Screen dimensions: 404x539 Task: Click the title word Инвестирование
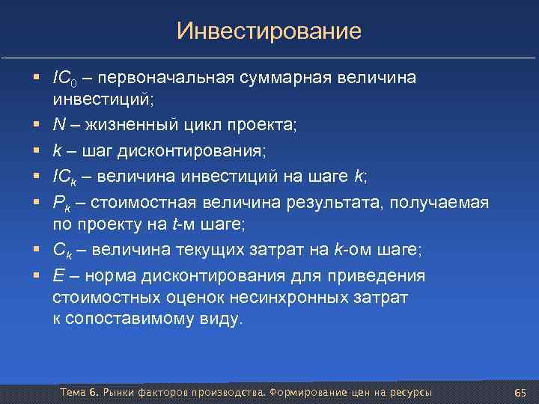coord(269,31)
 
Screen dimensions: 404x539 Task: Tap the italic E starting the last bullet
coord(58,276)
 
